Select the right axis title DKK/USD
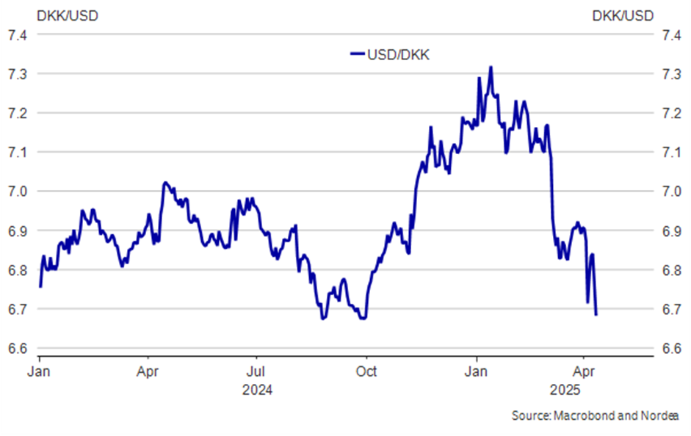coord(622,15)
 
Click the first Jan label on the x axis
coord(39,371)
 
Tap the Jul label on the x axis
coord(256,371)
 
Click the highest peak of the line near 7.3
coord(490,68)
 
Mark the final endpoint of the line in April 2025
coord(596,314)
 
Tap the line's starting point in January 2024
coord(40,286)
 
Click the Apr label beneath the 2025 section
coord(583,371)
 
